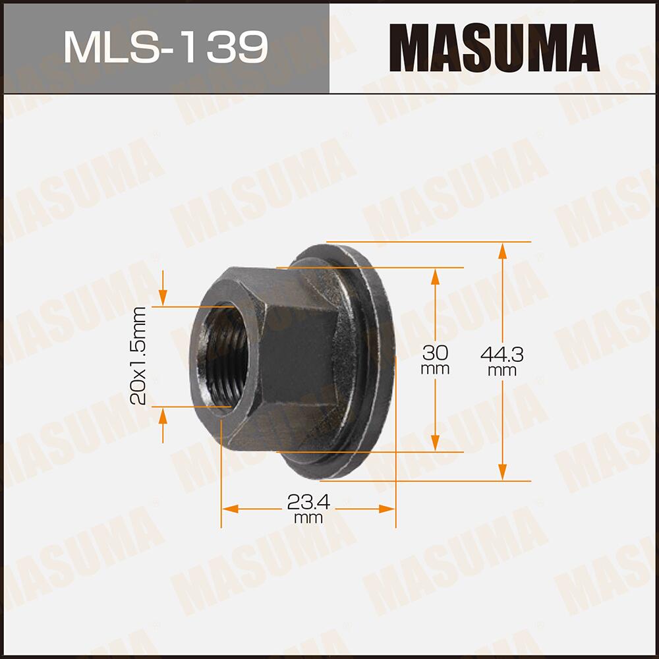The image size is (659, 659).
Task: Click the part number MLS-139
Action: point(165,47)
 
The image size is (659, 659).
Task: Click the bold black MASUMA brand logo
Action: point(494,47)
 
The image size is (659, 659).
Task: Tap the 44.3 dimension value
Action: point(502,355)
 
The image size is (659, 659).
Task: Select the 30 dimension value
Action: point(435,350)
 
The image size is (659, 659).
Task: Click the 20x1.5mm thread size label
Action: point(138,357)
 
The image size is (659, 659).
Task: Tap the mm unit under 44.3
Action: point(502,371)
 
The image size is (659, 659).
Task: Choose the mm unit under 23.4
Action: point(308,519)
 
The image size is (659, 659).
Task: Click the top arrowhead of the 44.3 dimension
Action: point(502,251)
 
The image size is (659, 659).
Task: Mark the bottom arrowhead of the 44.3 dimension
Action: point(502,472)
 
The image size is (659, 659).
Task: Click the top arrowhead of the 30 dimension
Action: point(435,276)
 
